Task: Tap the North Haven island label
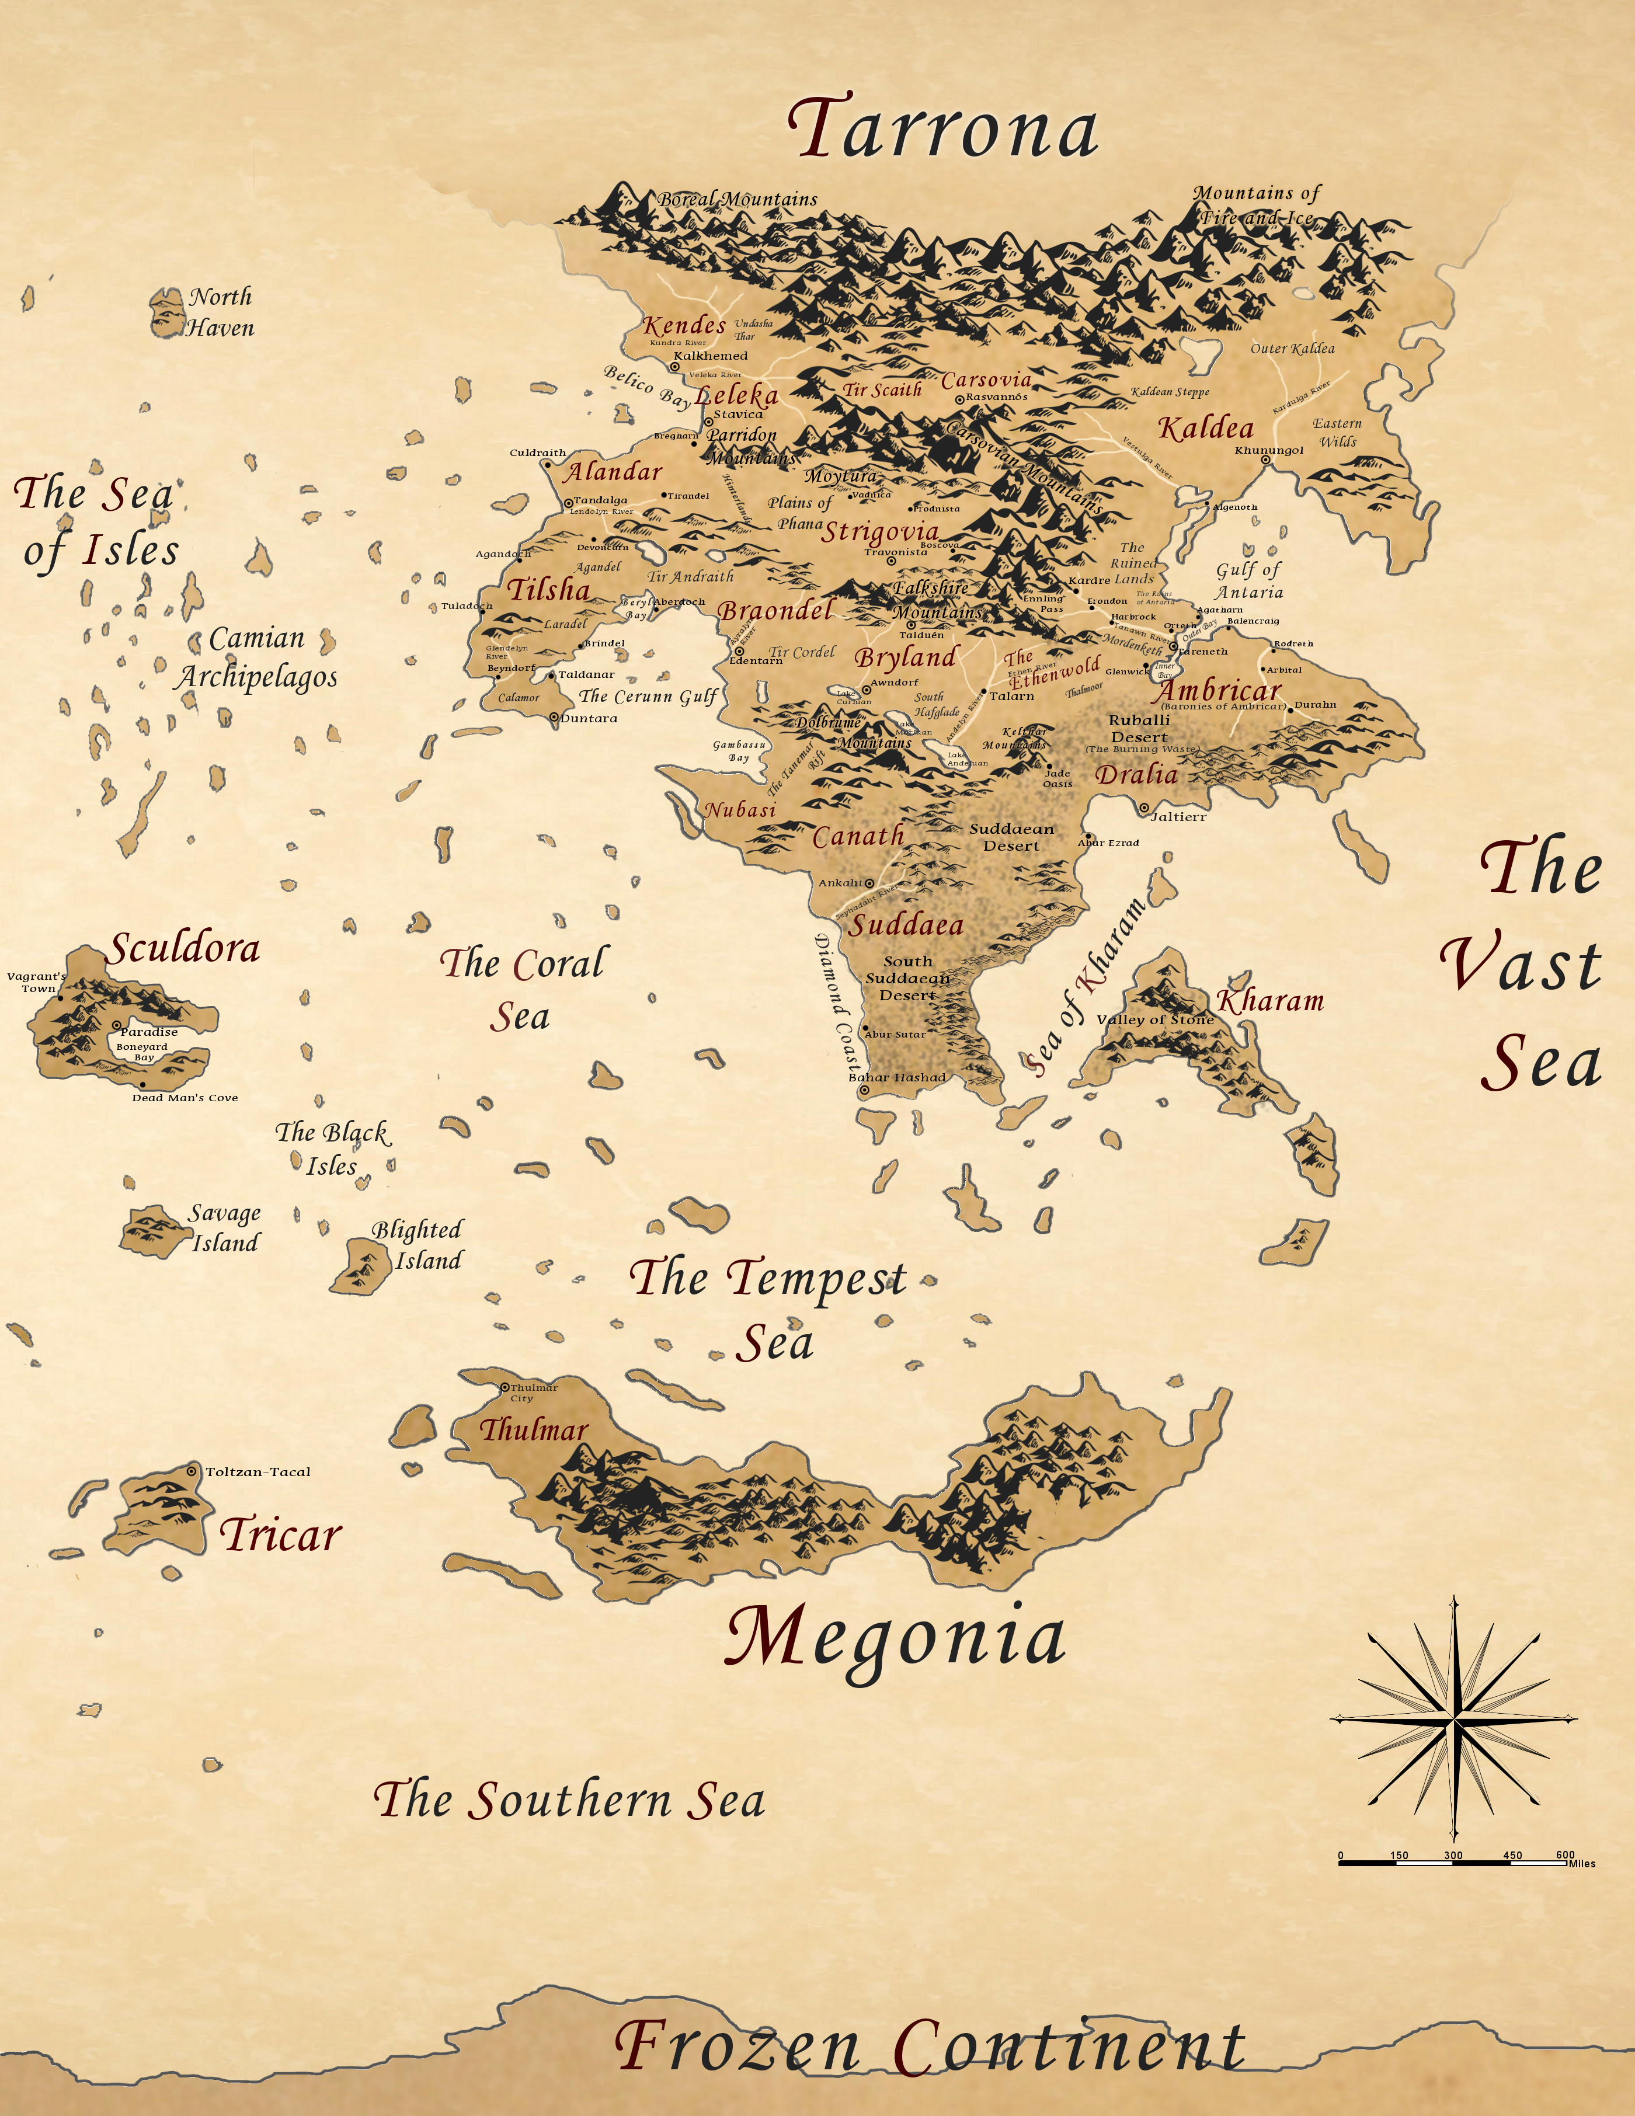pos(220,312)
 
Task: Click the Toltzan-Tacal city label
pos(258,1472)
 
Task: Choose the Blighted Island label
pos(418,1245)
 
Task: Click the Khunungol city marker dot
pos(1265,460)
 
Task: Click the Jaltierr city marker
pos(1144,807)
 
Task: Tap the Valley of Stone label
pos(1154,1019)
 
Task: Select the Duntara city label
pos(588,719)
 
